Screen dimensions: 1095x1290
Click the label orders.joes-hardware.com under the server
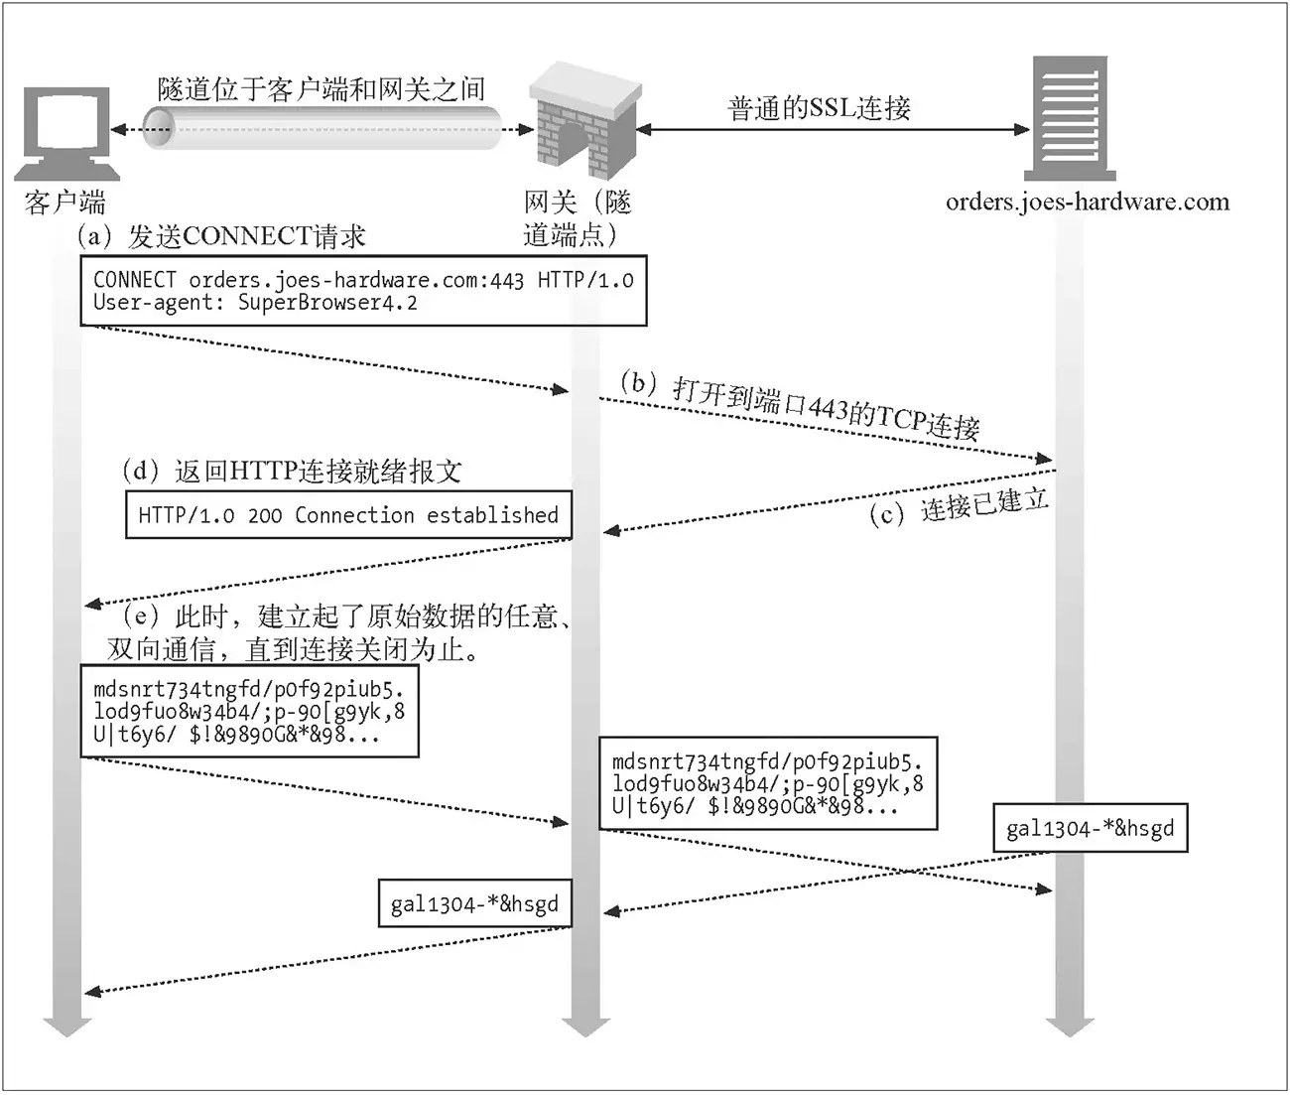pyautogui.click(x=1087, y=203)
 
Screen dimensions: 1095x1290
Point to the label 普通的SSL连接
pyautogui.click(x=819, y=107)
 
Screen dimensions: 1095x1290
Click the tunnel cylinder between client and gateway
pyautogui.click(x=322, y=129)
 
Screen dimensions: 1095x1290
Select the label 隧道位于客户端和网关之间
pyautogui.click(x=322, y=89)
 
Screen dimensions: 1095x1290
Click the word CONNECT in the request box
pyautogui.click(x=135, y=280)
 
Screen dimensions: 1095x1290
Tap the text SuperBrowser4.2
pyautogui.click(x=327, y=303)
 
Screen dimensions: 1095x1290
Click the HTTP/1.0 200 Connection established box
pyautogui.click(x=348, y=515)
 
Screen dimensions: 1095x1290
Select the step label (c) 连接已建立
pyautogui.click(x=959, y=505)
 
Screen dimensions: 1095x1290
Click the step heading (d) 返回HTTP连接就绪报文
pyautogui.click(x=292, y=471)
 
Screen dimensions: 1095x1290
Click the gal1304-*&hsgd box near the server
pyautogui.click(x=1090, y=828)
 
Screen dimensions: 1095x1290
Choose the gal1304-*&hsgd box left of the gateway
pyautogui.click(x=474, y=903)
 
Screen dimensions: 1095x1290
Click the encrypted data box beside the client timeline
pyautogui.click(x=249, y=712)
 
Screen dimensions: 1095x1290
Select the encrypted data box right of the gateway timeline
pyautogui.click(x=767, y=783)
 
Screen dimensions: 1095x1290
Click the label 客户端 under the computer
pyautogui.click(x=65, y=203)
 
